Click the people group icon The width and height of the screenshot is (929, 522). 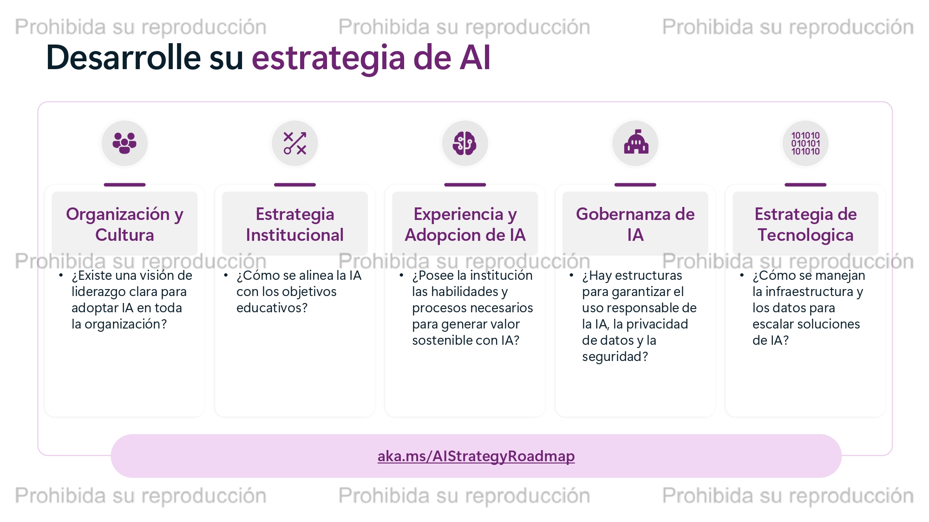click(124, 143)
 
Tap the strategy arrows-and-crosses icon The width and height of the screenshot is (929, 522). click(295, 143)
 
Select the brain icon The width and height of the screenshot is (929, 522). click(465, 143)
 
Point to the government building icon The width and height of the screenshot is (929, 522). click(635, 142)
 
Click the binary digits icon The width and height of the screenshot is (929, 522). click(805, 143)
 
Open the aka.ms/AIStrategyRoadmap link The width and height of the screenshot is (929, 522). click(476, 456)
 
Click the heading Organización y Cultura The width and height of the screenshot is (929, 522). click(124, 225)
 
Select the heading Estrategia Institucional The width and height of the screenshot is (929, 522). click(295, 225)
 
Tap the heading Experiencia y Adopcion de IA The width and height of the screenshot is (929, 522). click(465, 225)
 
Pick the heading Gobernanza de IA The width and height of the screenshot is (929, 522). click(635, 225)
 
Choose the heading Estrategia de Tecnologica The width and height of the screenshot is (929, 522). click(805, 225)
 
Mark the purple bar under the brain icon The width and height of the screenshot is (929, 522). click(465, 185)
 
